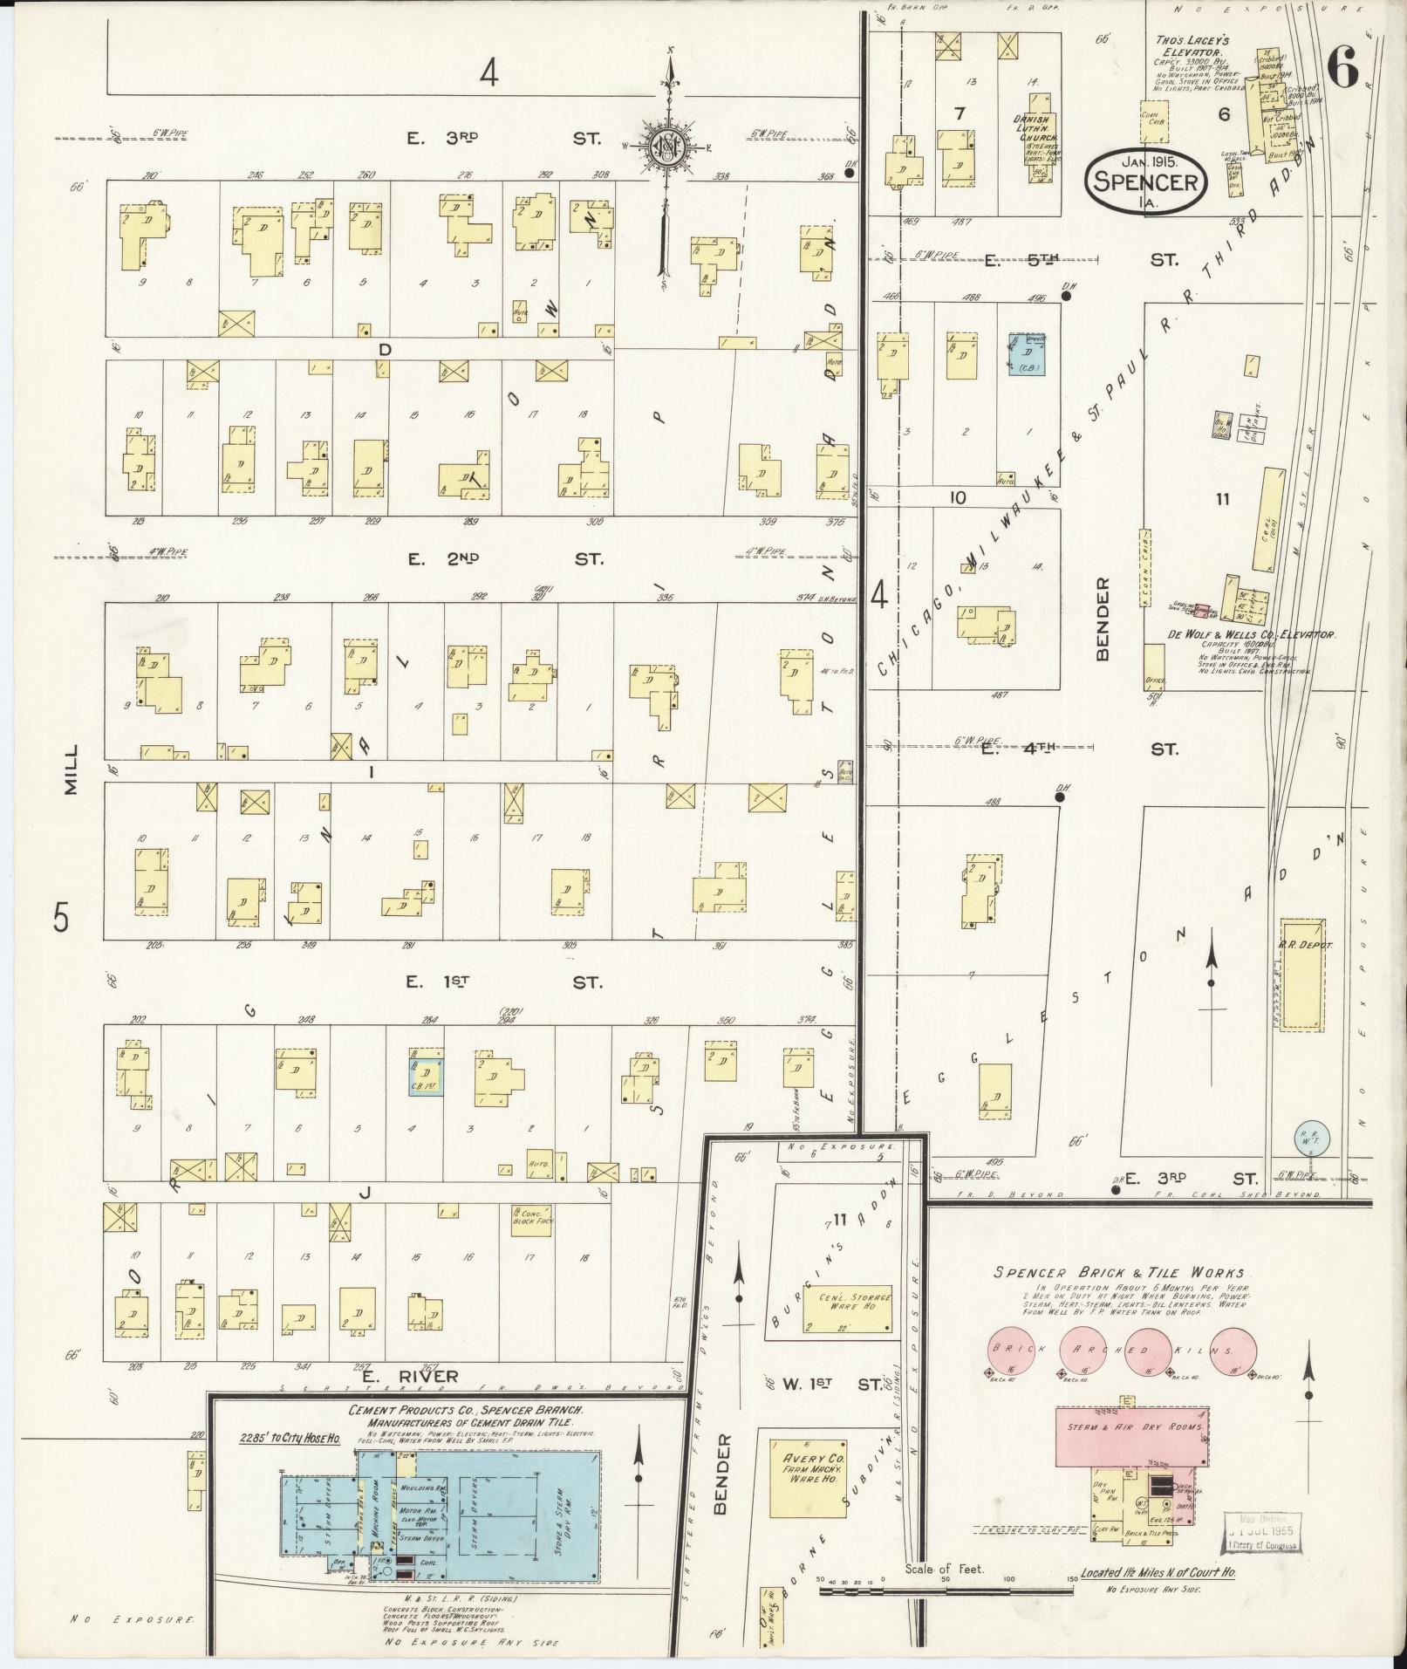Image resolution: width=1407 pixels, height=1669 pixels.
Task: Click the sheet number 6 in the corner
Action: (x=1344, y=66)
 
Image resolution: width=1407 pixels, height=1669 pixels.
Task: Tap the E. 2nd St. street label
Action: (x=506, y=558)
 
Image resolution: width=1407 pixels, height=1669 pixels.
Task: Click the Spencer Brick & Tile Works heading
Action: (x=1120, y=1273)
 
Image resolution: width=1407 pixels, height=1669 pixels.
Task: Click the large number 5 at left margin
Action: (x=59, y=918)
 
